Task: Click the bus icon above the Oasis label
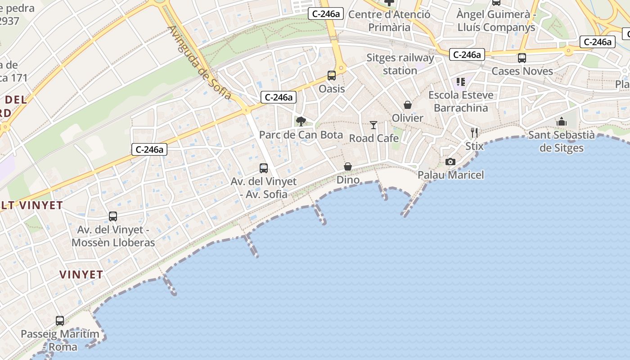coord(332,76)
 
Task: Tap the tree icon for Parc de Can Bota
coord(301,121)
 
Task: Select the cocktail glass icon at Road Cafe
coord(373,125)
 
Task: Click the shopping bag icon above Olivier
coord(408,105)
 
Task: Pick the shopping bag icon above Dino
coord(348,167)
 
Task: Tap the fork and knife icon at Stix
coord(474,132)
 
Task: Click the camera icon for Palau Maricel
coord(450,162)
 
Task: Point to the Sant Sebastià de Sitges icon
coord(561,121)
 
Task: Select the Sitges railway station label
coord(400,64)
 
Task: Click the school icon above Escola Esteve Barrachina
coord(460,82)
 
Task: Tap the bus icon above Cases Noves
coord(522,58)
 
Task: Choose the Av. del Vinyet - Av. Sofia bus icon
coord(264,168)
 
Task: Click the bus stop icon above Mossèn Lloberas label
coord(113,216)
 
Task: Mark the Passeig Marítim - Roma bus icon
coord(60,321)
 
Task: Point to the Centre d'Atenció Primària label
coord(389,21)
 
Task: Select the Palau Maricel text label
coord(451,175)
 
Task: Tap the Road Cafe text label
coord(374,138)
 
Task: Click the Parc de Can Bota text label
coord(301,135)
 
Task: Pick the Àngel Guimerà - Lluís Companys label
coord(496,21)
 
